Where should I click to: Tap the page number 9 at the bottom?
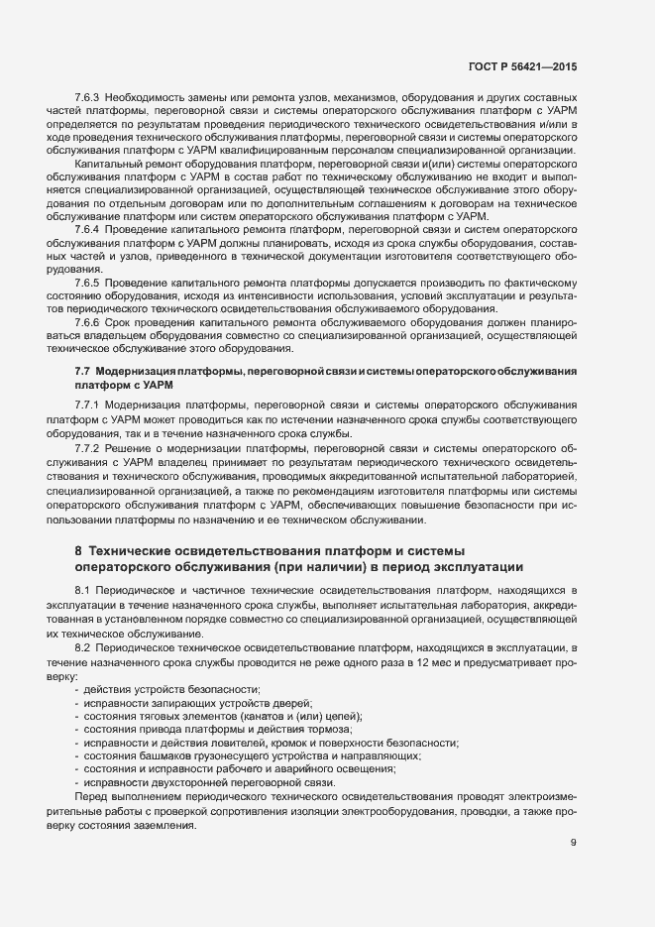[574, 844]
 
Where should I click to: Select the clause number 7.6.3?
[90, 99]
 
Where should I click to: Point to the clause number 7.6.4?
[90, 228]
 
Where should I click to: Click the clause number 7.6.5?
[90, 283]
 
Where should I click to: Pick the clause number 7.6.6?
[90, 323]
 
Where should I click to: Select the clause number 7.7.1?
[90, 406]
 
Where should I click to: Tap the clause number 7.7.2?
[90, 447]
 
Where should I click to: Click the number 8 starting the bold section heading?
[78, 550]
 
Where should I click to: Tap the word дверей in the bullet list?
[293, 703]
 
